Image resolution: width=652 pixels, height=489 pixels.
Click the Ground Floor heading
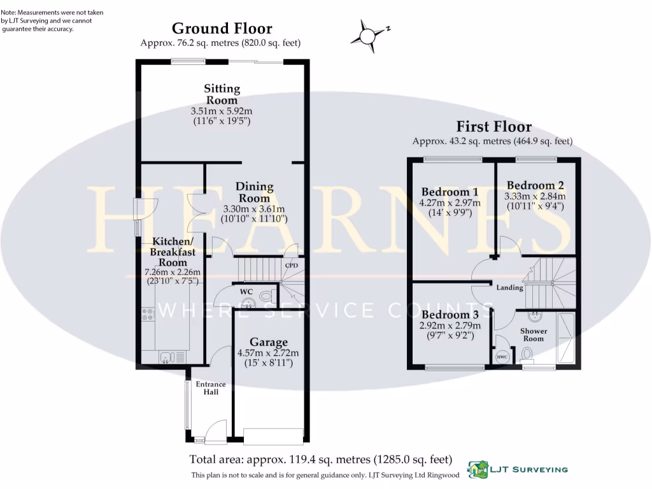click(222, 28)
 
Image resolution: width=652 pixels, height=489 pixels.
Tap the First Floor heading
click(493, 127)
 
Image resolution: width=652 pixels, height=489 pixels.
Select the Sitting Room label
click(222, 94)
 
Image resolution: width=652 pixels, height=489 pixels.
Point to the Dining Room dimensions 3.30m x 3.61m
click(254, 209)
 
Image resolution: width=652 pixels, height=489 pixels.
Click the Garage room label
click(269, 342)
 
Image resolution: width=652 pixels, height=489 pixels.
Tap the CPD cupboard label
click(292, 266)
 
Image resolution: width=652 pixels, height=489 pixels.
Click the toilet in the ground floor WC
click(266, 297)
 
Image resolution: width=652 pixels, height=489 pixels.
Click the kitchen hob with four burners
click(148, 314)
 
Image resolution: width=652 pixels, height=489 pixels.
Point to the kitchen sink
click(172, 357)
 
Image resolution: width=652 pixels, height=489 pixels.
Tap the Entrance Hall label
click(211, 388)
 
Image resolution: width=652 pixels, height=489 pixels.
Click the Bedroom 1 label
click(450, 192)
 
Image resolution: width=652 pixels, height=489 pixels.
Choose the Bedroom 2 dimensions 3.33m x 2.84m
click(535, 196)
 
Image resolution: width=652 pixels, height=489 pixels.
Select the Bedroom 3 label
click(450, 315)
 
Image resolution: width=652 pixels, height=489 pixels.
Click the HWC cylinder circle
click(502, 357)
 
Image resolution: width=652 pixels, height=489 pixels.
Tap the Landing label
click(510, 287)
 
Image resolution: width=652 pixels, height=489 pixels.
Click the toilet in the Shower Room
click(527, 355)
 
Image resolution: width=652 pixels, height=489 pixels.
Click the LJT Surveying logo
click(518, 469)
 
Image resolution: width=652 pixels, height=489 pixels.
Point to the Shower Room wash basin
click(535, 316)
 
